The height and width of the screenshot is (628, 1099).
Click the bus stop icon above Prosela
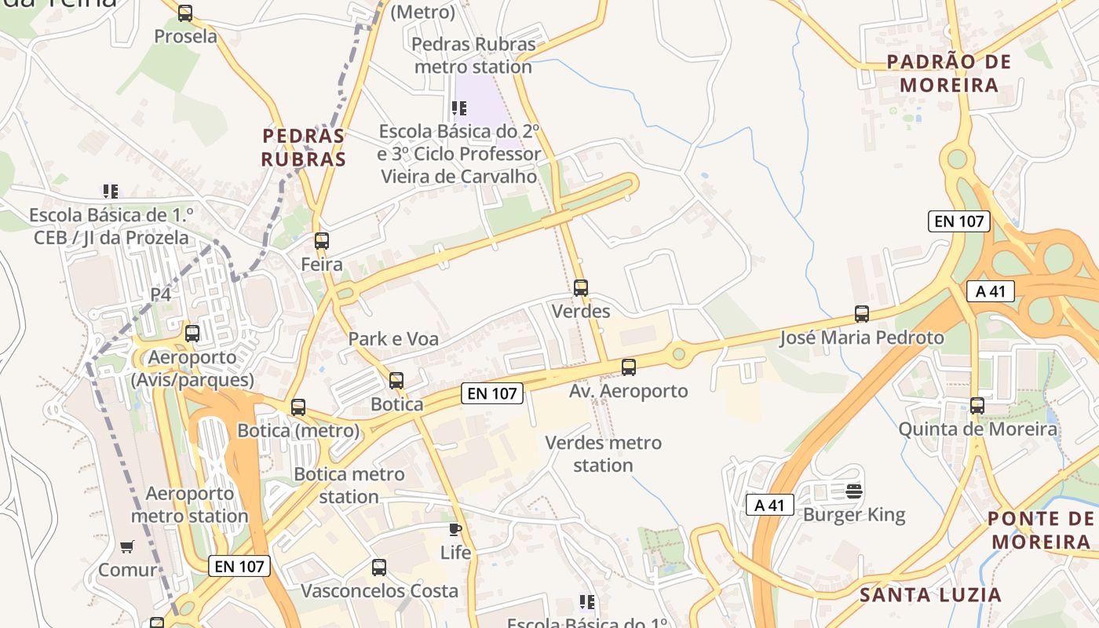185,13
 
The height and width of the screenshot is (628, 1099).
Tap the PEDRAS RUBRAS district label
304,148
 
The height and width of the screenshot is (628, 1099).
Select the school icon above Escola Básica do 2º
459,108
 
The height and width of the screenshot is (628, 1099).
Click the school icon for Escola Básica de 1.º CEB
111,191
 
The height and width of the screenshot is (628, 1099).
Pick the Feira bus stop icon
321,241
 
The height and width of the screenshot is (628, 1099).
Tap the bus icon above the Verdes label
581,288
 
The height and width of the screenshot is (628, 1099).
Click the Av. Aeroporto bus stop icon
629,367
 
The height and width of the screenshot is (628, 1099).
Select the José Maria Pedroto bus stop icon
862,314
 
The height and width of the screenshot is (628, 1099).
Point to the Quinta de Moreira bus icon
977,406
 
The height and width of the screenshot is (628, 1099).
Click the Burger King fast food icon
854,492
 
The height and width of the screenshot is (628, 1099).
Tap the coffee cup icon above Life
455,529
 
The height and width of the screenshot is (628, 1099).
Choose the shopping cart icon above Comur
127,546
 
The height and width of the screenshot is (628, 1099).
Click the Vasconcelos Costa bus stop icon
379,567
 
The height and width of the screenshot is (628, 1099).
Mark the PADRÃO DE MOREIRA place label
949,73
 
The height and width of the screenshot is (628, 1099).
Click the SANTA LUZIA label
930,594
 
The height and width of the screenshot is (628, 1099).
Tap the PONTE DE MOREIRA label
1041,530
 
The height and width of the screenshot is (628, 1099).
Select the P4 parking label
160,294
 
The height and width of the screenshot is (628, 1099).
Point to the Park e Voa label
393,339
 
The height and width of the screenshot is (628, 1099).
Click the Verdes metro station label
603,454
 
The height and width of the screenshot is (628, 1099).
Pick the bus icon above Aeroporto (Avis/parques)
192,334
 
